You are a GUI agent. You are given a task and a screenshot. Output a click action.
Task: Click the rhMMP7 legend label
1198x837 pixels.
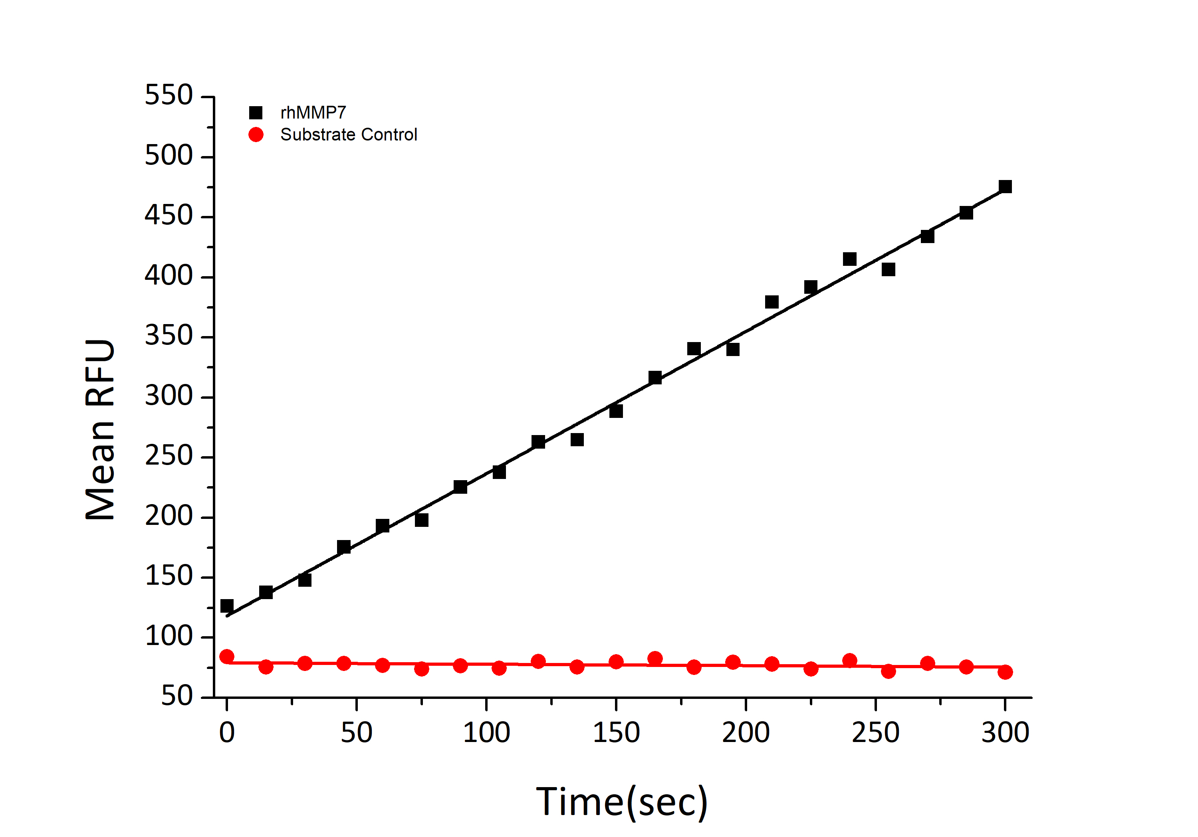[x=313, y=113]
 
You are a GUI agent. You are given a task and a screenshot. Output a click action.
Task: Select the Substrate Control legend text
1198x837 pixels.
[x=349, y=135]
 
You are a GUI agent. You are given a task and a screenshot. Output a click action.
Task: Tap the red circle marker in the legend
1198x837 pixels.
[x=256, y=135]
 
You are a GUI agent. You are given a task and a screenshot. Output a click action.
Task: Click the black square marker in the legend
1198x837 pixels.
[x=256, y=113]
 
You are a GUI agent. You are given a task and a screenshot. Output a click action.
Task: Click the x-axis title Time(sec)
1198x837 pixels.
[x=621, y=802]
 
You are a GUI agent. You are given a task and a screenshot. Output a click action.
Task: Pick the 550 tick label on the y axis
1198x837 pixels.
[x=169, y=95]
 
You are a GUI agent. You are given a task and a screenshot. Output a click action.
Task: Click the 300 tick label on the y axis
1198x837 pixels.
[x=169, y=396]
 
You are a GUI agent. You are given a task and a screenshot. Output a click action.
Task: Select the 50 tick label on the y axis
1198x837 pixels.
[x=177, y=697]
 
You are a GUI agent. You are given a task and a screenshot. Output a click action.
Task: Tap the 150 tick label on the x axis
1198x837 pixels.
[x=616, y=733]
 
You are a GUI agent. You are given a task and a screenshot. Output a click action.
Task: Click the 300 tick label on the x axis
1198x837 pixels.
[x=1005, y=733]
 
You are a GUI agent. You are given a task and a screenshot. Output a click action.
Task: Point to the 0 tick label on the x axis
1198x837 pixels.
[x=227, y=733]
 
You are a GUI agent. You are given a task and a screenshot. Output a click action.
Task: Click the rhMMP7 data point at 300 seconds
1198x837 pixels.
[x=1005, y=187]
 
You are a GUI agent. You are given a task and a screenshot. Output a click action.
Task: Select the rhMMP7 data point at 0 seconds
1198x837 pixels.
[x=227, y=605]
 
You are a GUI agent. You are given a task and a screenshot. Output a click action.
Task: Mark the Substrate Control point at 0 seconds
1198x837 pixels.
[x=227, y=657]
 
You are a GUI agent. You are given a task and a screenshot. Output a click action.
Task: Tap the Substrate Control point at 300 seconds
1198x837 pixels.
[x=1005, y=672]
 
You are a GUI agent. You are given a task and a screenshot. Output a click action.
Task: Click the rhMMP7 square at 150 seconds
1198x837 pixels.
[x=616, y=412]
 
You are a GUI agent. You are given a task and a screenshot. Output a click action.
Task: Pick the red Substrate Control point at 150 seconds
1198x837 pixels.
[x=616, y=662]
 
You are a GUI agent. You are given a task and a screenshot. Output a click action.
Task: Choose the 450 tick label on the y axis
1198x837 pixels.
[x=169, y=216]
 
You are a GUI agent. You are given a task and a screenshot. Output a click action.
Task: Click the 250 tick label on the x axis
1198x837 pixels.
[x=876, y=733]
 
